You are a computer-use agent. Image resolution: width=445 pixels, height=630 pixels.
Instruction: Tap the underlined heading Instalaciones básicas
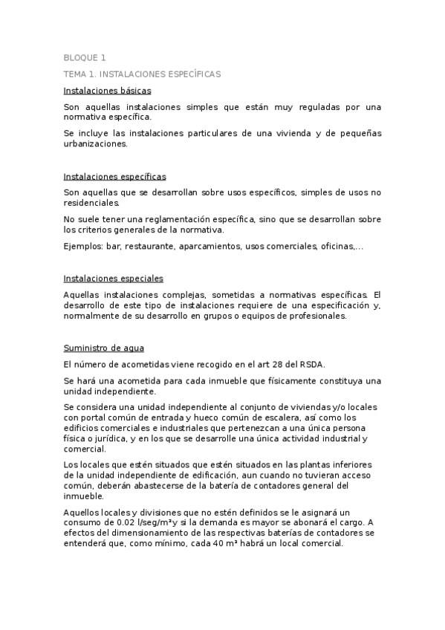click(108, 91)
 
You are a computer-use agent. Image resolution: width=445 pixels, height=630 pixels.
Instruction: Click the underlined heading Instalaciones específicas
click(115, 177)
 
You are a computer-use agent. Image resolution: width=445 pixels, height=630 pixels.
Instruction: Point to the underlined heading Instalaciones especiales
click(114, 279)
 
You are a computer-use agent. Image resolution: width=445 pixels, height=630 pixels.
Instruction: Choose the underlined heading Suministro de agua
click(104, 348)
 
